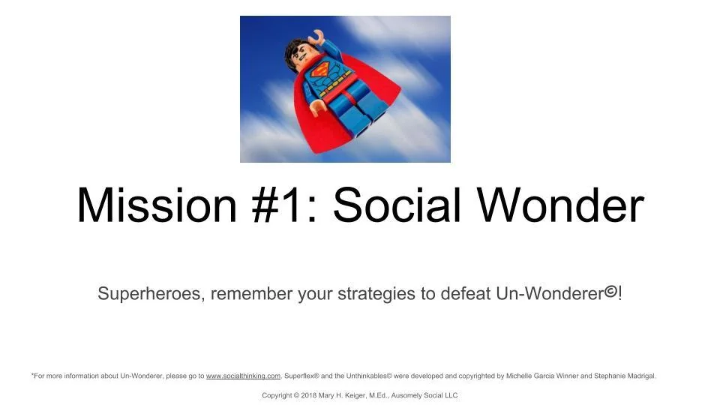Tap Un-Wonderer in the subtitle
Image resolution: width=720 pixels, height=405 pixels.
549,294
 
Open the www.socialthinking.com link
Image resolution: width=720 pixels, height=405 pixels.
243,376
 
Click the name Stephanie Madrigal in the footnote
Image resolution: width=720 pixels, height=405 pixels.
625,376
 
